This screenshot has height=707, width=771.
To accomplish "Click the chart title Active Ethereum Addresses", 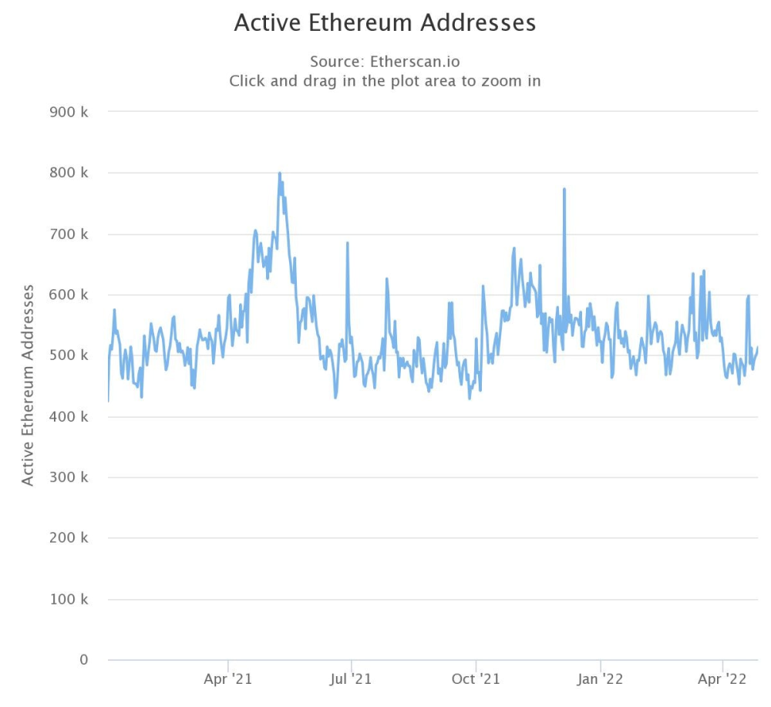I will click(x=385, y=22).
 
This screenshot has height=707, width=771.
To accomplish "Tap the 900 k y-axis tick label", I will click(x=69, y=113).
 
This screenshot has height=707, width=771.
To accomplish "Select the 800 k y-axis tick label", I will click(x=69, y=173).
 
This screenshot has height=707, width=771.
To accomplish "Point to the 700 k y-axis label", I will click(x=69, y=234).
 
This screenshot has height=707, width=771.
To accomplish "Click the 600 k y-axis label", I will click(x=69, y=295).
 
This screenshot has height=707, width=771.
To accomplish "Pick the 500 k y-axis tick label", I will click(x=69, y=356).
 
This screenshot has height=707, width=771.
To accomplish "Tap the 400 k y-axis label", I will click(x=69, y=417).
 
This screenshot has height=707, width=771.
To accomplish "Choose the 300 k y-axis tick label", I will click(x=69, y=478).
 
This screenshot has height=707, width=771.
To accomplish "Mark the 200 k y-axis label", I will click(x=69, y=538).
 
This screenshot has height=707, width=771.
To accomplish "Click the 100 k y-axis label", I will click(x=69, y=599).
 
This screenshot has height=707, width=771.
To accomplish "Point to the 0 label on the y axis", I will click(x=83, y=660).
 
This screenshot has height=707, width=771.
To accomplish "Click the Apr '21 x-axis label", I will click(x=228, y=679).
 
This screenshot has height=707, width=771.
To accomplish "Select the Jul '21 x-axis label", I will click(x=351, y=679).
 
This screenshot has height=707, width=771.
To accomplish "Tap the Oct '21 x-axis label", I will click(x=476, y=679).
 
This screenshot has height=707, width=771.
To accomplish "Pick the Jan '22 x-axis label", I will click(x=600, y=679).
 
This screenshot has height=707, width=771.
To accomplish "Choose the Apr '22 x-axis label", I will click(x=722, y=679).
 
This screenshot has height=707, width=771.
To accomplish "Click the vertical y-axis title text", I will click(x=29, y=385).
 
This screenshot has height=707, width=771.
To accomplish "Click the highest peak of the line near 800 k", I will click(x=279, y=173).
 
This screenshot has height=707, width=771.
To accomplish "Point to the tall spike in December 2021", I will click(x=564, y=190).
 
